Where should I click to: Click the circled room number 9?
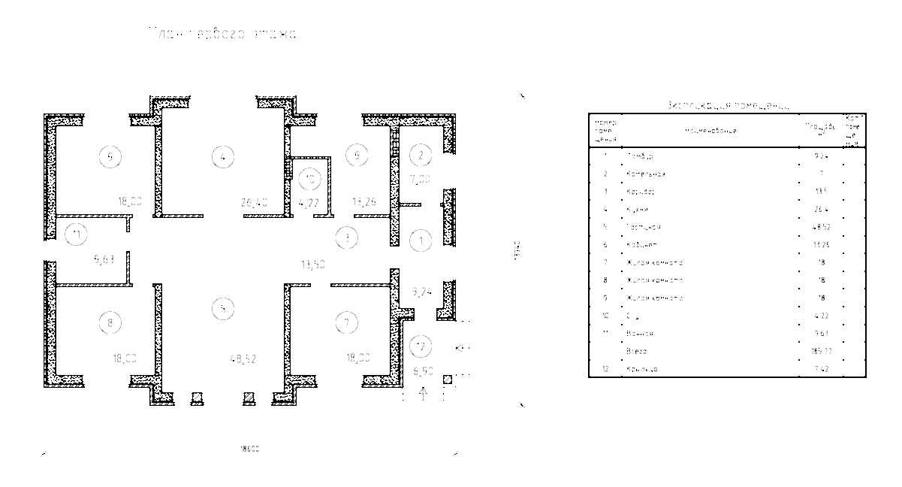(110, 156)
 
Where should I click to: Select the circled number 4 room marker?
(223, 156)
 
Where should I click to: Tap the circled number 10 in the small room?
(309, 179)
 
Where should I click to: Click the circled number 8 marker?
(110, 323)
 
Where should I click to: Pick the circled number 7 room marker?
(346, 323)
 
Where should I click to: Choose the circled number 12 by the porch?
(421, 347)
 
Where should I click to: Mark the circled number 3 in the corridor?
(346, 238)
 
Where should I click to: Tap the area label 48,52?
(244, 359)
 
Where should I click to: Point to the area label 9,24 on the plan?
(421, 289)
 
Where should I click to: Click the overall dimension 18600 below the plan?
(249, 449)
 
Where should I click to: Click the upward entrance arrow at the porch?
(423, 394)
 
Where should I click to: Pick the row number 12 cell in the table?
(605, 370)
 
